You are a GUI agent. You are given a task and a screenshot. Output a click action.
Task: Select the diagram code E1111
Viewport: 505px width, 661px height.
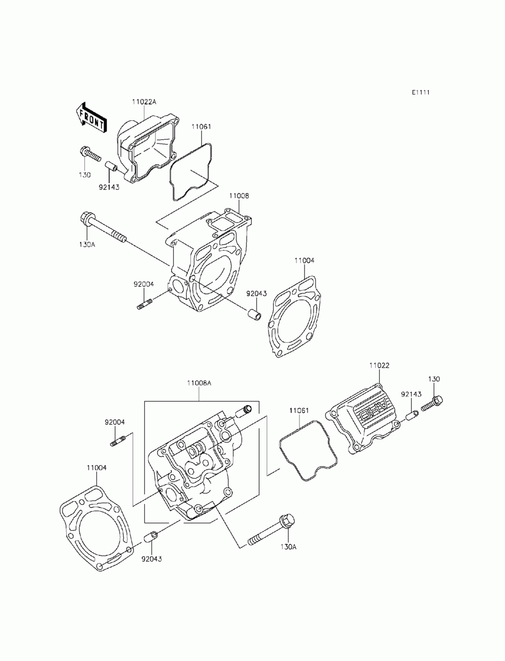click(x=420, y=92)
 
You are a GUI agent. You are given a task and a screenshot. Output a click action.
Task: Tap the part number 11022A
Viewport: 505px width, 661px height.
click(x=144, y=101)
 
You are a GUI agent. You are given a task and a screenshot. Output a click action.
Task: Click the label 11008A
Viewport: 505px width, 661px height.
click(x=199, y=383)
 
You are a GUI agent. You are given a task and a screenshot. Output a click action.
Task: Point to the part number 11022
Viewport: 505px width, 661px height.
click(x=379, y=365)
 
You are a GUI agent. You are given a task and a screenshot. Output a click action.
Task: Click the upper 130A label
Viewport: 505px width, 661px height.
click(x=87, y=244)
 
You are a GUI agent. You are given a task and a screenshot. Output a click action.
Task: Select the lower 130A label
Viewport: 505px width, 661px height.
click(x=288, y=546)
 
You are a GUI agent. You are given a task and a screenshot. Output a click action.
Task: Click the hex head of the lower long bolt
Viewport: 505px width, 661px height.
click(x=286, y=521)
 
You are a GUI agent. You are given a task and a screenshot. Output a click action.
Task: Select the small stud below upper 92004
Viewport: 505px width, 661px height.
click(x=144, y=304)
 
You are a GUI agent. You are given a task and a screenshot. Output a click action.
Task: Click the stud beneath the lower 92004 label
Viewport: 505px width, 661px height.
click(x=117, y=442)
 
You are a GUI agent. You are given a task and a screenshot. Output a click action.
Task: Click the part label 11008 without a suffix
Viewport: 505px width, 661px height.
click(x=239, y=195)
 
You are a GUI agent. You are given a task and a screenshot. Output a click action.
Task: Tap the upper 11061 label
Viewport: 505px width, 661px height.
click(x=200, y=126)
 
